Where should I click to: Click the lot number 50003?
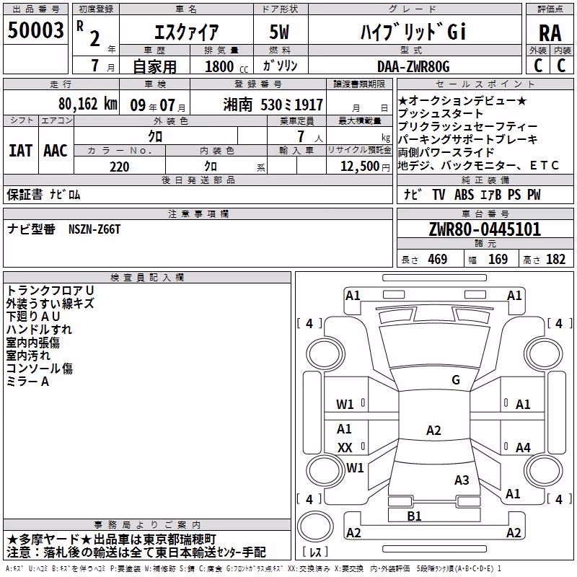point(35,30)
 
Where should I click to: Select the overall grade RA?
point(550,33)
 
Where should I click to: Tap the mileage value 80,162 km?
point(88,104)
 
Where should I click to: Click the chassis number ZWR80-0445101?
point(485,229)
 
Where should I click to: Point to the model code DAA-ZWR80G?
point(413,66)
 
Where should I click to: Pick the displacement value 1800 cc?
point(226,66)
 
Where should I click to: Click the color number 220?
point(120,167)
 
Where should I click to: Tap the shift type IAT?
point(21,151)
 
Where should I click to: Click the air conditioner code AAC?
point(56,151)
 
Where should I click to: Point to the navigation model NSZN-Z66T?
point(94,229)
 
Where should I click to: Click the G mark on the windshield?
point(456,380)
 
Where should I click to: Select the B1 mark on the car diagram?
point(414,516)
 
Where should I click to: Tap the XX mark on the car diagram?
point(345,448)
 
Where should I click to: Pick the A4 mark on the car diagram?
point(523,448)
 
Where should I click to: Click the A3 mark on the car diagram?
point(462,480)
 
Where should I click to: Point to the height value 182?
point(555,260)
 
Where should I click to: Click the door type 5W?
point(279,32)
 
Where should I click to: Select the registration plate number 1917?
point(309,105)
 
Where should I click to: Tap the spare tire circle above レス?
point(315,527)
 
